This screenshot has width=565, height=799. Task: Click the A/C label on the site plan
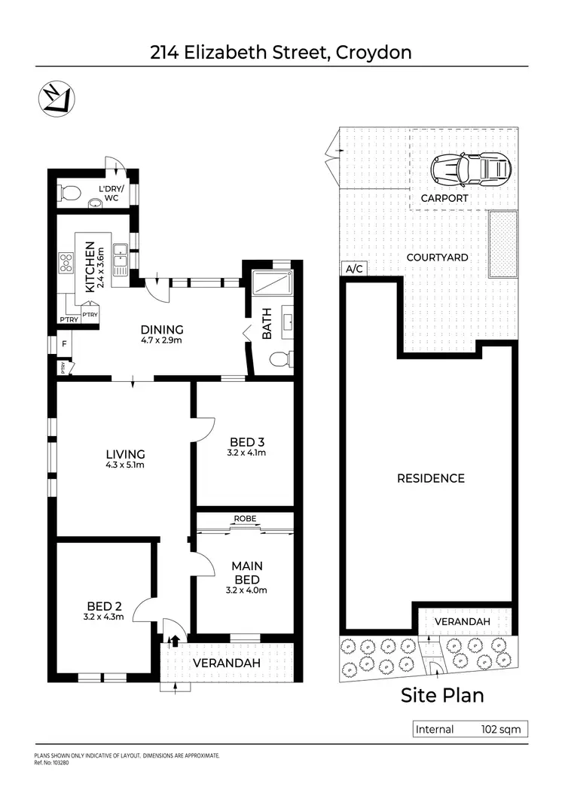[352, 269]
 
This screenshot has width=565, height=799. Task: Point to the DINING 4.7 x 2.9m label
[162, 334]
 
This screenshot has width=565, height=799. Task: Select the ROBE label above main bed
[245, 520]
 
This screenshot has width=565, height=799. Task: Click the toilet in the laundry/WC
[69, 193]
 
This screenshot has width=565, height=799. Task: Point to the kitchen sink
[119, 260]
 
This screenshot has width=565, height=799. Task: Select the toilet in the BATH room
[280, 360]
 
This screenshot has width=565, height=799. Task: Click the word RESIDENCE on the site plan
[431, 478]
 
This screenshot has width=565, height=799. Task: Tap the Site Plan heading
[442, 694]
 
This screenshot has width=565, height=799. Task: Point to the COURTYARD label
[438, 258]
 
